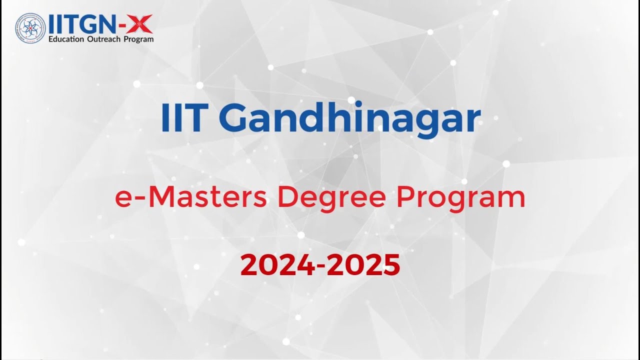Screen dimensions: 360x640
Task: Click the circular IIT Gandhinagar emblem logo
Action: [x=30, y=28]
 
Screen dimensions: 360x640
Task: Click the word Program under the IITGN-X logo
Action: [x=138, y=39]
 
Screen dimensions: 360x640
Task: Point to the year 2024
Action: [x=278, y=265]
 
